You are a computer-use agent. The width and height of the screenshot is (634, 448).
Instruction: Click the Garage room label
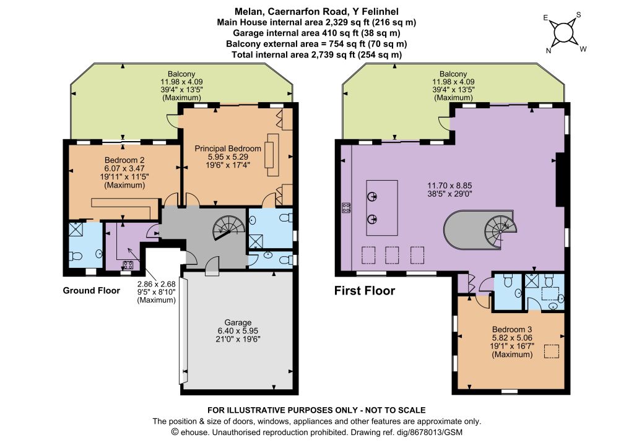pyautogui.click(x=238, y=322)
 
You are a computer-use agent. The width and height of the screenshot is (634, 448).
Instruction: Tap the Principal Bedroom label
pyautogui.click(x=228, y=149)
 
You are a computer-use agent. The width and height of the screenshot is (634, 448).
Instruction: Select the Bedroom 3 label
pyautogui.click(x=512, y=329)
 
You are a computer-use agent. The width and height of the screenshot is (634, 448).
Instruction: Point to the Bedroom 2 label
pyautogui.click(x=124, y=160)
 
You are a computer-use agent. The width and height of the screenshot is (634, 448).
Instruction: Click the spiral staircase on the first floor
pyautogui.click(x=500, y=230)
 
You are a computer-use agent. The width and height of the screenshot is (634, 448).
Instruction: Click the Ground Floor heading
pyautogui.click(x=92, y=290)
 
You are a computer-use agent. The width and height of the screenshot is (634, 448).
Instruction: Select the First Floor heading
pyautogui.click(x=364, y=290)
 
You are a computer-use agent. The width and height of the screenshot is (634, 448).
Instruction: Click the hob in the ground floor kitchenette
pyautogui.click(x=128, y=265)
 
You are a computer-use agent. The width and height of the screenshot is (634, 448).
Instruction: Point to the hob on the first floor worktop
pyautogui.click(x=346, y=208)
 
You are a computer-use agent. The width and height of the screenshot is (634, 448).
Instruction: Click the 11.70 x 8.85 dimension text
pyautogui.click(x=449, y=186)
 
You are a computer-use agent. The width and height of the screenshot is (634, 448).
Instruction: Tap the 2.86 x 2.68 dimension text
pyautogui.click(x=157, y=284)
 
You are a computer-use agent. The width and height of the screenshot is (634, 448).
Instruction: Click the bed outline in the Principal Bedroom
pyautogui.click(x=272, y=155)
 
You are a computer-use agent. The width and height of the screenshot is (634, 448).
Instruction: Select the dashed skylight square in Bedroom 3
pyautogui.click(x=552, y=351)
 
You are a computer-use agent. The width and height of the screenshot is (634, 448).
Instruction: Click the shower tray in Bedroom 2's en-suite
pyautogui.click(x=76, y=229)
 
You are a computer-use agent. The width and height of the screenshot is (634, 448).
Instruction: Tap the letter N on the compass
pyautogui.click(x=549, y=51)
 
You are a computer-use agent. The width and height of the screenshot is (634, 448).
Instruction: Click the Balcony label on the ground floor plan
pyautogui.click(x=181, y=74)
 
